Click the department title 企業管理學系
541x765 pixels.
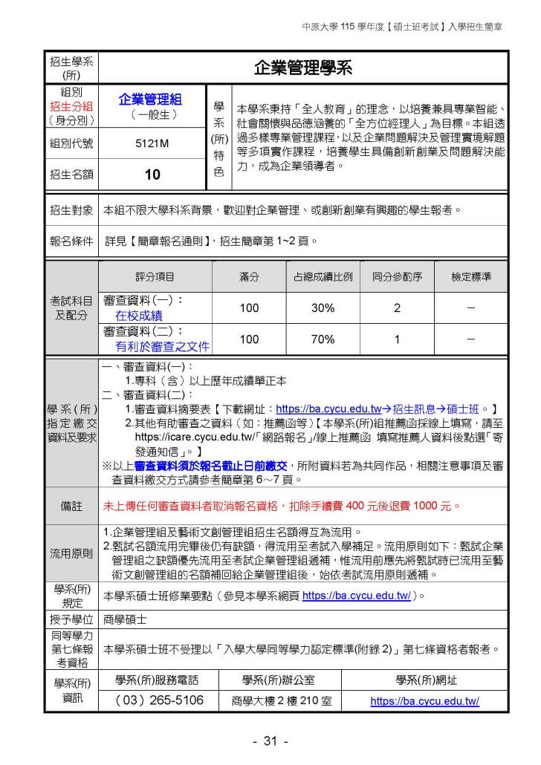[302, 68]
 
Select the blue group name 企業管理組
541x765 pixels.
[150, 100]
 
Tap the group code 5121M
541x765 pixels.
[152, 144]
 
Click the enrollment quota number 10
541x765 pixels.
[152, 175]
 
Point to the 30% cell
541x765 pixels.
[323, 307]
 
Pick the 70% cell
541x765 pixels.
[323, 339]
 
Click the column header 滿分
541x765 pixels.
[249, 277]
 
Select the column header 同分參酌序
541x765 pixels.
[397, 277]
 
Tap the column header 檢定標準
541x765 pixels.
[471, 277]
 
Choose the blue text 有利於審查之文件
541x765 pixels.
[162, 346]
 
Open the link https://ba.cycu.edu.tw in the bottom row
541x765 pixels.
[424, 700]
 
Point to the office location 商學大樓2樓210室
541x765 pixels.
[282, 700]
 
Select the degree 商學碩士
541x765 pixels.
[125, 618]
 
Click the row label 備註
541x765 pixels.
[71, 507]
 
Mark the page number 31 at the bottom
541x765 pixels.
[270, 741]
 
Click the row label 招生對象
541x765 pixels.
[71, 210]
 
